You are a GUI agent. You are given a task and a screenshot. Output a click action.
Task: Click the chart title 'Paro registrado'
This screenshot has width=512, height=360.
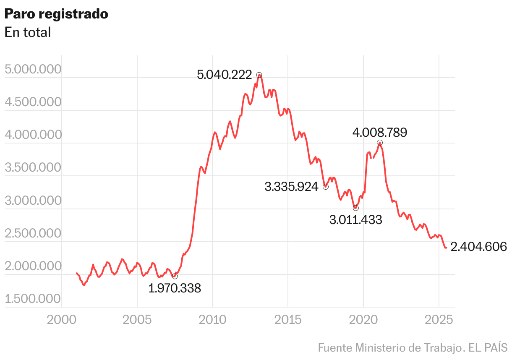[x=56, y=14]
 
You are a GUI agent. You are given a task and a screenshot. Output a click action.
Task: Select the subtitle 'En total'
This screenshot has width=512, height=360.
[x=28, y=32]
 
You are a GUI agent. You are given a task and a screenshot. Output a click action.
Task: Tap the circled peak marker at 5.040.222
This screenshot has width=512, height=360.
[x=259, y=75]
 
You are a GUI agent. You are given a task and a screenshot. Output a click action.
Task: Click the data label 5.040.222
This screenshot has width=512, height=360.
[x=225, y=75]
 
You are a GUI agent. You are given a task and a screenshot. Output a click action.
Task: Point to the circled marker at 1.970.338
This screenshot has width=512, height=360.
[x=175, y=276]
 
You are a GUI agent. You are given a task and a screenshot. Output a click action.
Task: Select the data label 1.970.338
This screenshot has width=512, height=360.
[x=175, y=289]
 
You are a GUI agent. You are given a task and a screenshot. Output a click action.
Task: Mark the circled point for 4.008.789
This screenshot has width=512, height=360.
[x=380, y=143]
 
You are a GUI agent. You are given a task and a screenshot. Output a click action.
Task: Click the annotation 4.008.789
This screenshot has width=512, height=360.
[x=380, y=133]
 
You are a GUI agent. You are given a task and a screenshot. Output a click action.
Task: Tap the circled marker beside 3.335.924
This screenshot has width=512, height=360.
[x=326, y=187]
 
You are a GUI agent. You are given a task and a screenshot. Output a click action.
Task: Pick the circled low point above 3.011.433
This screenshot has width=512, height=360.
[x=356, y=208]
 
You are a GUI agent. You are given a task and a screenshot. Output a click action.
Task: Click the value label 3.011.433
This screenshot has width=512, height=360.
[x=356, y=220]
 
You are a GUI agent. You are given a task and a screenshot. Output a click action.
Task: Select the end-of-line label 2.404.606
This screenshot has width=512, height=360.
[x=478, y=247]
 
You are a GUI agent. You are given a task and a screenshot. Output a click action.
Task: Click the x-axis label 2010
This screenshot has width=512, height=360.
[x=212, y=320]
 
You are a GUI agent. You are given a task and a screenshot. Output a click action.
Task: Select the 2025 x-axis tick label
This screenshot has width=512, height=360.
[x=439, y=320]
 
